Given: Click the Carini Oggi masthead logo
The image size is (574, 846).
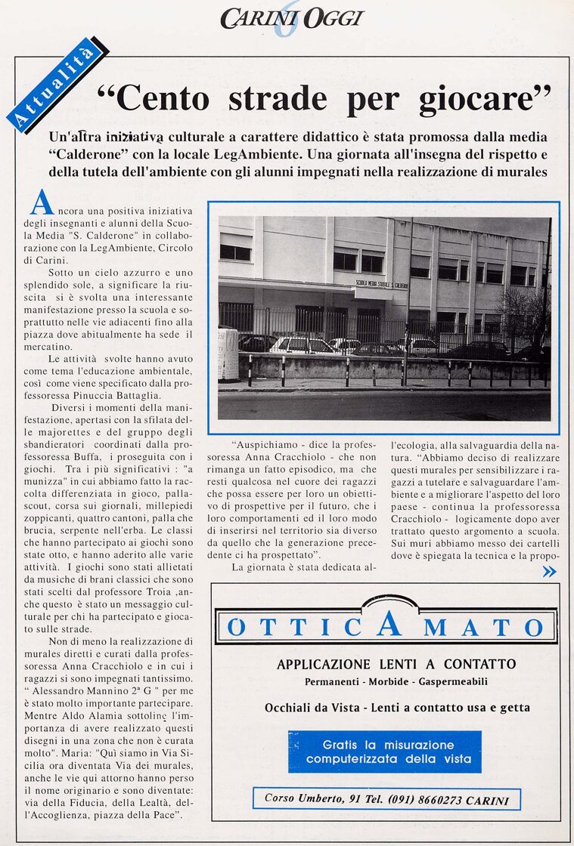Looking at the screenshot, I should (x=291, y=19).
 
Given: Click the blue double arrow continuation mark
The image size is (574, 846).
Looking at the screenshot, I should (x=549, y=571).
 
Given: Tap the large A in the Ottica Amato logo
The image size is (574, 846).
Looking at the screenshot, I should (x=388, y=623).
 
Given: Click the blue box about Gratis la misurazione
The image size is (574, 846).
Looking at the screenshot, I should (x=384, y=751).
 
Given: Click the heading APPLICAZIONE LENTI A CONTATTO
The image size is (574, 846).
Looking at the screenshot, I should (x=396, y=665).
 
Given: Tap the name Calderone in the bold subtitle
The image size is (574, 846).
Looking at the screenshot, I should (x=101, y=155).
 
